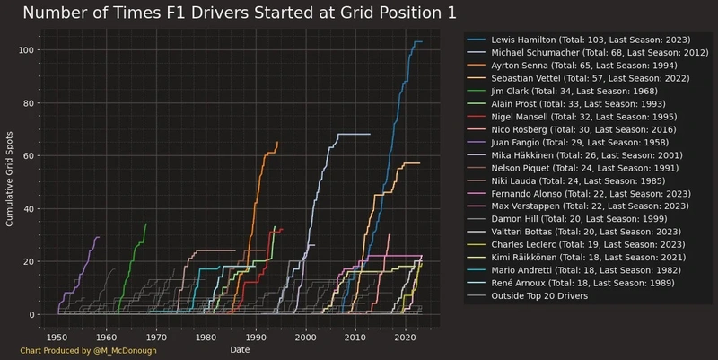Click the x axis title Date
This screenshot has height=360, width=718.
click(241, 348)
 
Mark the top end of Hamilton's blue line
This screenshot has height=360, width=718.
click(417, 42)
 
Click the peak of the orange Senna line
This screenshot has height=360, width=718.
click(277, 143)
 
